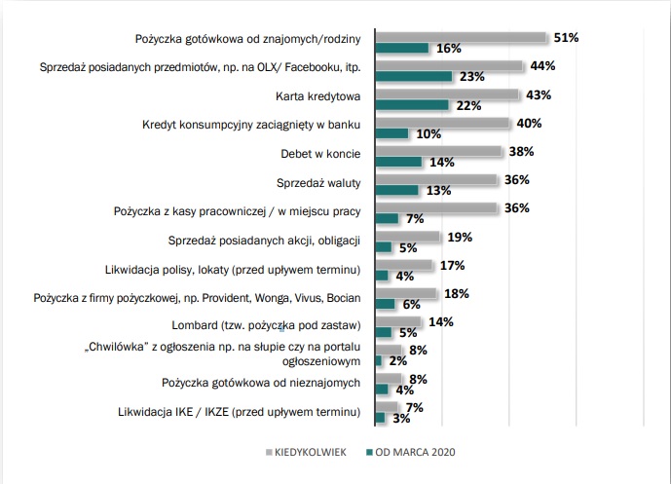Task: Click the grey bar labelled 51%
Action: (x=461, y=38)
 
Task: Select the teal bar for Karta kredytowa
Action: (x=411, y=104)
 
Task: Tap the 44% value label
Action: (x=541, y=66)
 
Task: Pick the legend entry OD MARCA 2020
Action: (x=410, y=452)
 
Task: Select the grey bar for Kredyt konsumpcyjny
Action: (x=442, y=123)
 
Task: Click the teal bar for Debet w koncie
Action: (x=397, y=162)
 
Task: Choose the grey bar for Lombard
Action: (x=397, y=322)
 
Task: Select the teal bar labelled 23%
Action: (x=413, y=76)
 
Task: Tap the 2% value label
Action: (x=396, y=360)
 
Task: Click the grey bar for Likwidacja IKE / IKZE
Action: (x=387, y=407)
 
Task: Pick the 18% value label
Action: (x=456, y=293)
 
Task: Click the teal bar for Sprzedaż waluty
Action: (x=395, y=190)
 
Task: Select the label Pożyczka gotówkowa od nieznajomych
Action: (x=262, y=382)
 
